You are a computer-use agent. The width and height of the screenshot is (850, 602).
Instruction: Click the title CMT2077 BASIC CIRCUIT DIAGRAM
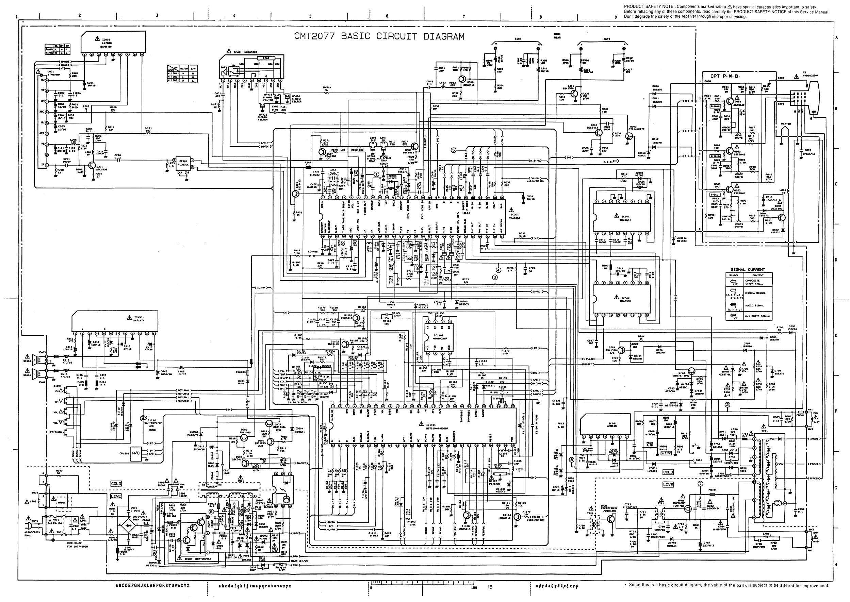(x=379, y=36)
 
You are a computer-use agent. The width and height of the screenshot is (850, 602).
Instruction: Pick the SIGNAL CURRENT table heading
(x=748, y=269)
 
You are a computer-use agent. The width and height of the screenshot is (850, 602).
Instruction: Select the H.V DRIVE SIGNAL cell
(x=758, y=316)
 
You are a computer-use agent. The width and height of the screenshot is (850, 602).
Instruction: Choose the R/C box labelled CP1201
(x=136, y=453)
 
